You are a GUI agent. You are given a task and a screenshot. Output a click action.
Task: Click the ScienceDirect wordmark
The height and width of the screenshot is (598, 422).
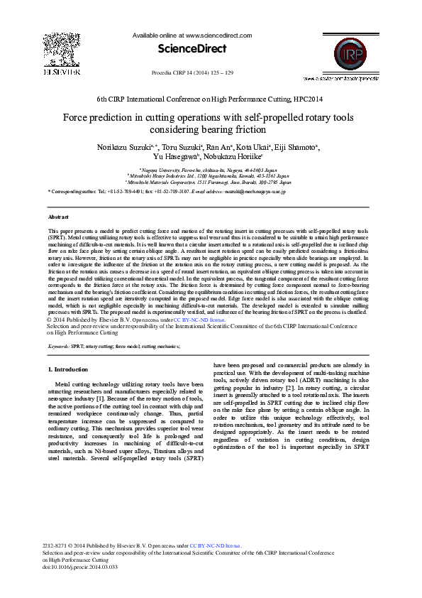192,49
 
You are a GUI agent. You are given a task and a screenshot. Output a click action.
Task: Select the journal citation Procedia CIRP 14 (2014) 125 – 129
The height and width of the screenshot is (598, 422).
192,73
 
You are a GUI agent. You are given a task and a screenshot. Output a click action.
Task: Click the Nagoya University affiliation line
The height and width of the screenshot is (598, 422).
210,170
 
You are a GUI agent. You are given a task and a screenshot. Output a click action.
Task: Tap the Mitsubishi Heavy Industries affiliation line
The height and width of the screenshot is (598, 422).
210,176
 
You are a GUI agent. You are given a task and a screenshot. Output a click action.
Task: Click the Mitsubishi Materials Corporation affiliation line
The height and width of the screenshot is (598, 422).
210,182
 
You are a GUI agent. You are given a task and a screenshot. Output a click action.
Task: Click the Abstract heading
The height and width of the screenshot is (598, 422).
58,216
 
